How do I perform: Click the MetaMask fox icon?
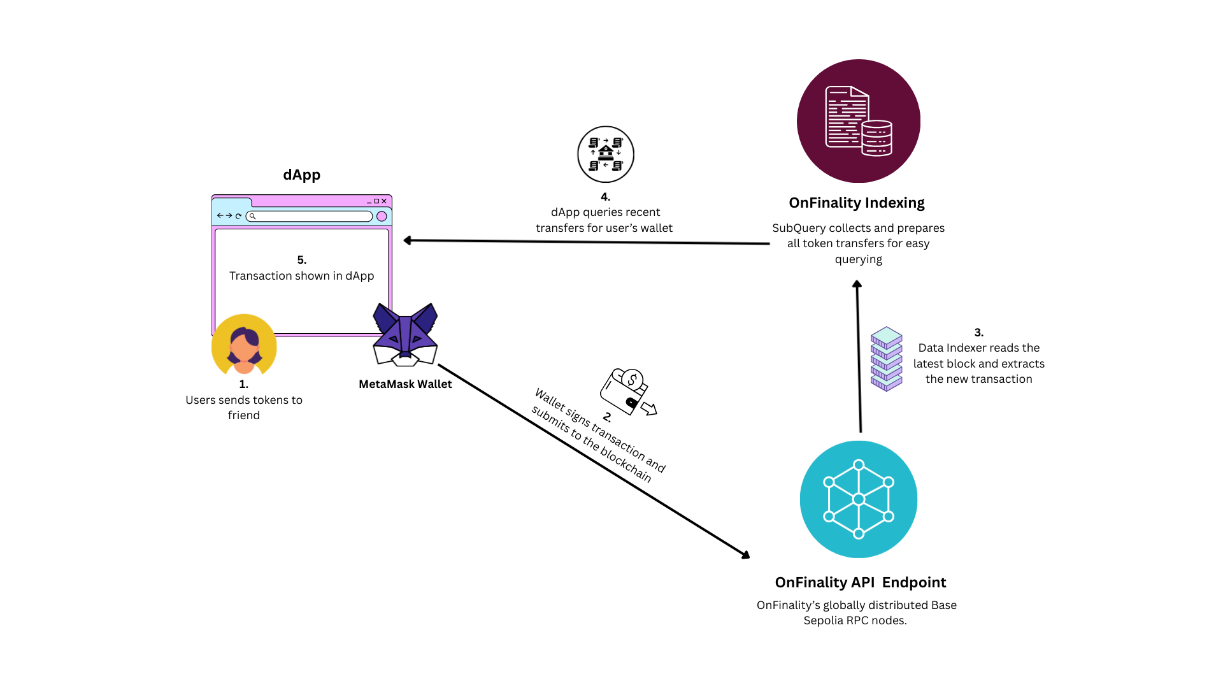pyautogui.click(x=405, y=335)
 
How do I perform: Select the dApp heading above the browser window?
pyautogui.click(x=302, y=175)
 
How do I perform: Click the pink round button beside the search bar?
pyautogui.click(x=382, y=216)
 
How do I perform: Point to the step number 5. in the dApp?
pyautogui.click(x=302, y=260)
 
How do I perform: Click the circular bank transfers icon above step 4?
pyautogui.click(x=606, y=154)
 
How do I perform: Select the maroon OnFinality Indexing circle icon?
pyautogui.click(x=858, y=121)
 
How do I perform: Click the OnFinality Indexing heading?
pyautogui.click(x=856, y=203)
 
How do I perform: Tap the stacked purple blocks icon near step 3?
pyautogui.click(x=886, y=359)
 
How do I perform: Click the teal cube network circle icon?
pyautogui.click(x=858, y=499)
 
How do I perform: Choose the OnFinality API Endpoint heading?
pyautogui.click(x=860, y=582)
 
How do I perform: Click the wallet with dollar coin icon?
pyautogui.click(x=627, y=391)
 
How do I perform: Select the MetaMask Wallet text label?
pyautogui.click(x=405, y=384)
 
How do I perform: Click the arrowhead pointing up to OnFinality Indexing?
pyautogui.click(x=857, y=285)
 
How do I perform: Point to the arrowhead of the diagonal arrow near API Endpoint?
pyautogui.click(x=746, y=555)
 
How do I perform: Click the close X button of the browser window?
pyautogui.click(x=384, y=201)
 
